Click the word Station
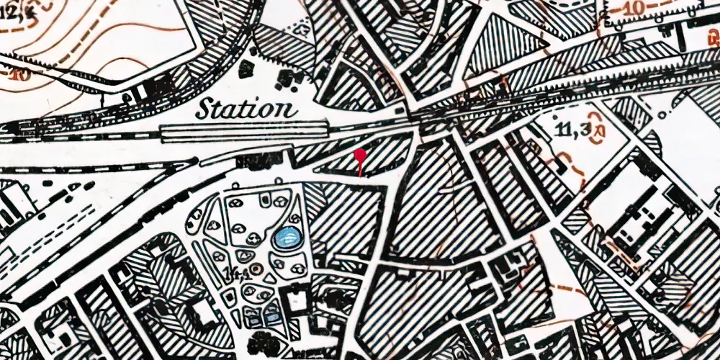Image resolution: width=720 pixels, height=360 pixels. tap(246, 109)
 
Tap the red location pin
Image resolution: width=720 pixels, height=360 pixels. tap(361, 156)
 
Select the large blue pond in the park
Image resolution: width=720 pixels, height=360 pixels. tap(287, 237)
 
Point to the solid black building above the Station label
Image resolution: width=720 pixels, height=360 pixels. tap(246, 69)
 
